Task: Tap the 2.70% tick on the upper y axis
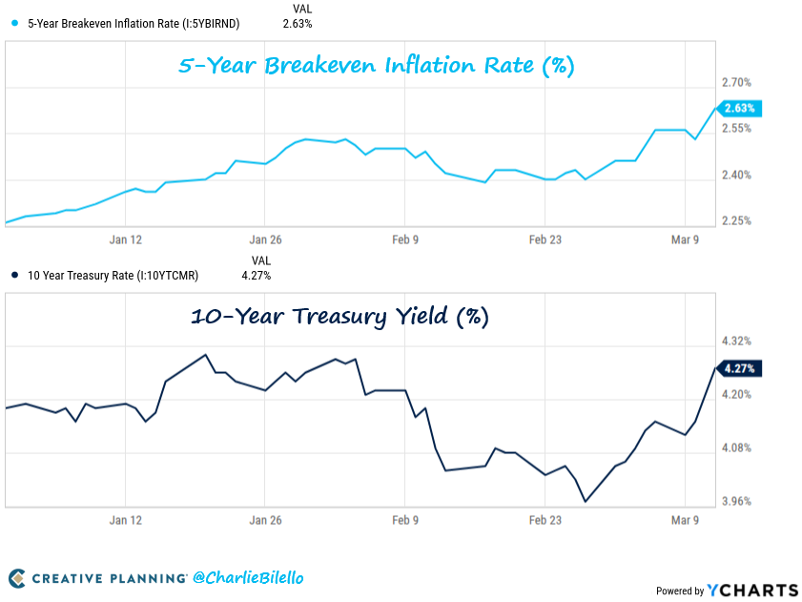coord(738,83)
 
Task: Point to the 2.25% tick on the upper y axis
coord(738,220)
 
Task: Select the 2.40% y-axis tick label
coord(738,175)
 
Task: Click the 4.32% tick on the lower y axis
coord(738,341)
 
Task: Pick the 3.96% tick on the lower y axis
coord(738,501)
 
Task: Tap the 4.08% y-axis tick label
coord(738,447)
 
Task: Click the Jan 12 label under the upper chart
coord(126,239)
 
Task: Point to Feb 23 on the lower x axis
coord(545,520)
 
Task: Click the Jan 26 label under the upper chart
coord(265,239)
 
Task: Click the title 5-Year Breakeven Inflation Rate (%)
coord(377,67)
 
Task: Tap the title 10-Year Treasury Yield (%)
coord(339,317)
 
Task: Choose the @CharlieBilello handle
coord(248,577)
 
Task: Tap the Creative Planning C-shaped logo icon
coord(16,578)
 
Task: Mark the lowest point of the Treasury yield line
coord(585,501)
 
